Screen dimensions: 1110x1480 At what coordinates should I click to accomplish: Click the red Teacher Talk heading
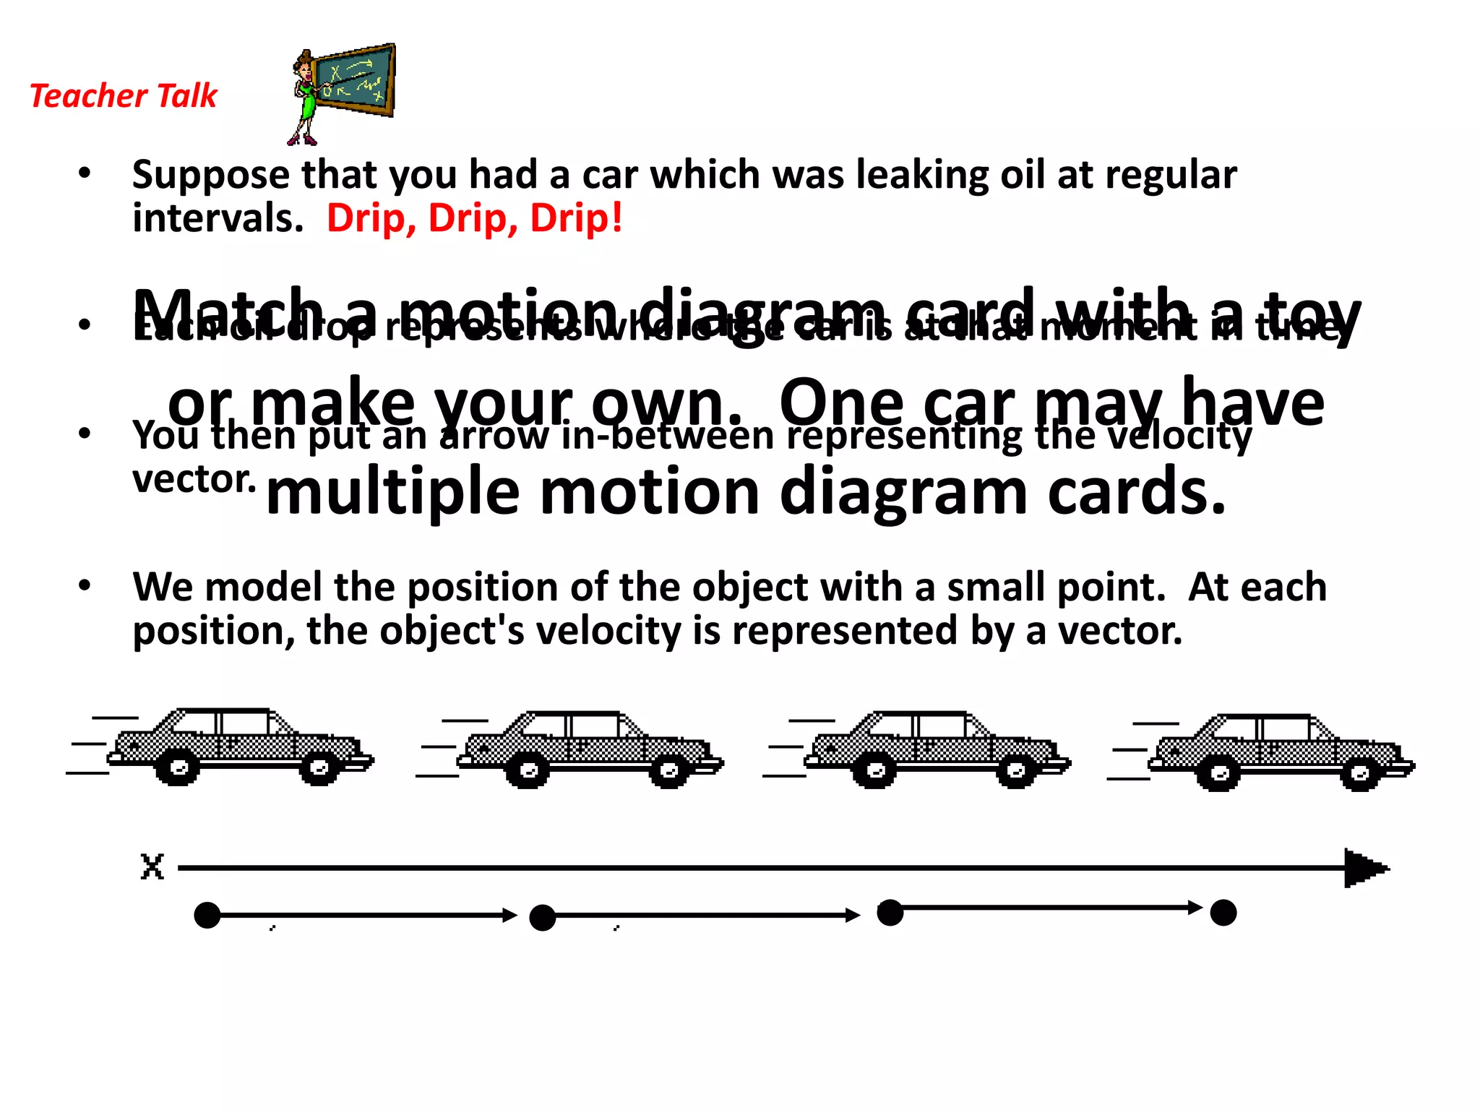[123, 95]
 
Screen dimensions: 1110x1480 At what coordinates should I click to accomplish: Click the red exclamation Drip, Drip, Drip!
[474, 218]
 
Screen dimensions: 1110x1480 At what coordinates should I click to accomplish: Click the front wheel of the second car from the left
[669, 771]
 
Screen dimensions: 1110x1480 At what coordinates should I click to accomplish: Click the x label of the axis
[152, 866]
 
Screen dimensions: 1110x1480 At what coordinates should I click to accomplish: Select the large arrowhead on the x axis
[1364, 868]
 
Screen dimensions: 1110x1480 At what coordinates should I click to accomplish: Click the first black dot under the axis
[207, 916]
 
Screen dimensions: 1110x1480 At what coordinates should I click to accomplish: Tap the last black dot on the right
[1223, 913]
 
